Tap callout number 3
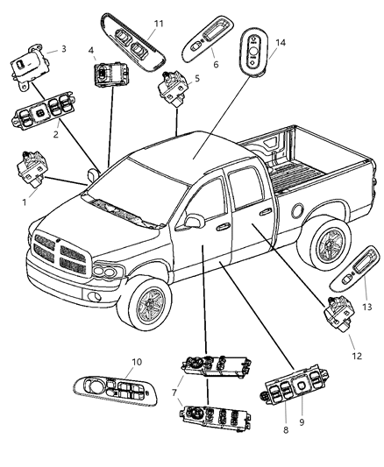[63, 51]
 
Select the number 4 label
[91, 52]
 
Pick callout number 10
[137, 361]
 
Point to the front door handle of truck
[224, 226]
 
